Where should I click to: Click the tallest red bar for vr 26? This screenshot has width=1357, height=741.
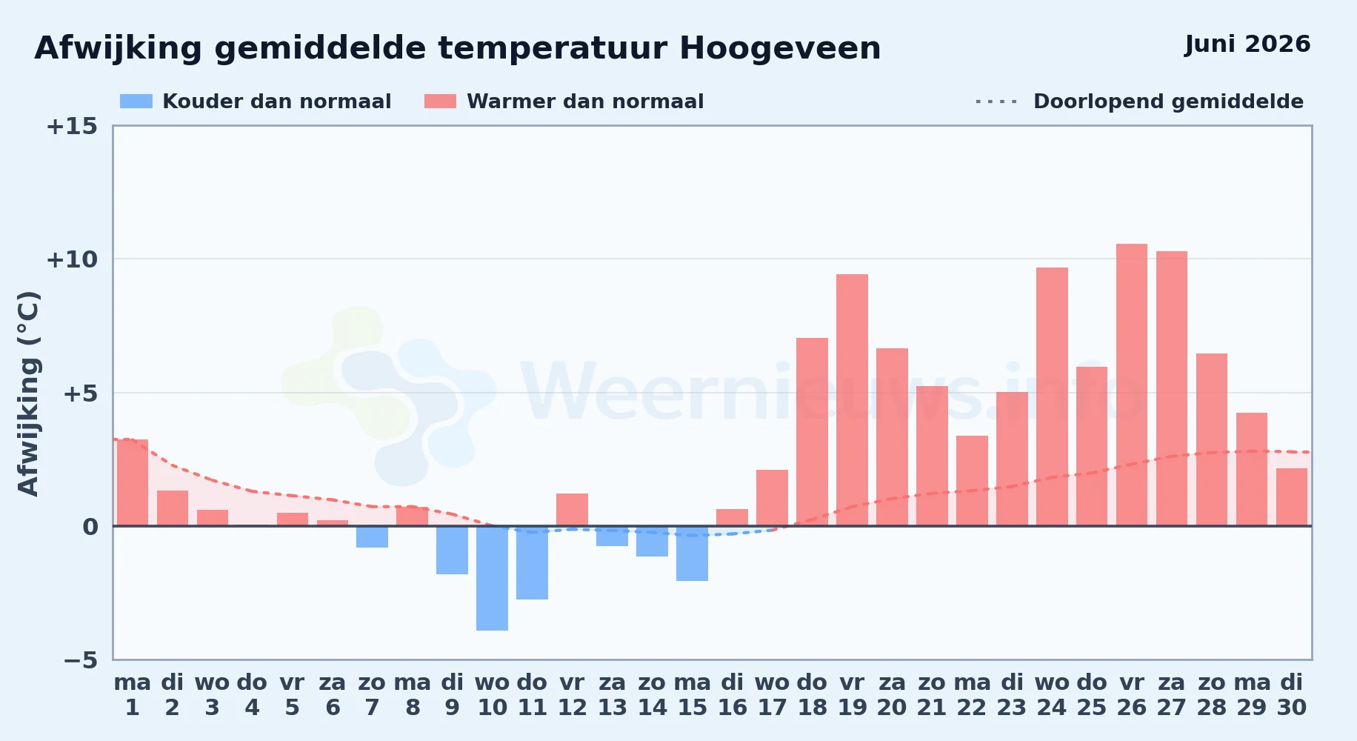(x=1132, y=385)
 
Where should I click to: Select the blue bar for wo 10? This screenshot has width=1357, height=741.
(x=493, y=578)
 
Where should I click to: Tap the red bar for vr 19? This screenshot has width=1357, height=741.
(x=852, y=400)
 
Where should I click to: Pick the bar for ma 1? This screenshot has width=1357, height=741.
(x=133, y=482)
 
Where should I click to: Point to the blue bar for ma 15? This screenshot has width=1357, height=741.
(x=693, y=554)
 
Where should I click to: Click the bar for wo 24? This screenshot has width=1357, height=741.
(x=1052, y=396)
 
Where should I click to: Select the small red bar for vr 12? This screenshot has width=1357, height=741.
(x=573, y=510)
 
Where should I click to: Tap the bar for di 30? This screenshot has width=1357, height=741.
(x=1292, y=497)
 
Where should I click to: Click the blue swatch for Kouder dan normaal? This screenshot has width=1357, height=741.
(x=136, y=102)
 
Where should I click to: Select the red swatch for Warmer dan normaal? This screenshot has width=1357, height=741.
(x=440, y=102)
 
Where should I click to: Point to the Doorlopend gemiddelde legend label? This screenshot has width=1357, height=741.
(x=1168, y=102)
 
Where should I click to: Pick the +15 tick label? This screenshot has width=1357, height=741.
(x=72, y=126)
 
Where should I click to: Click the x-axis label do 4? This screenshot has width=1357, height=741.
(x=252, y=695)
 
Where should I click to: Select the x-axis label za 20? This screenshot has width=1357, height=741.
(x=892, y=695)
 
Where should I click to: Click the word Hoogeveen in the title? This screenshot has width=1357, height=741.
(x=780, y=49)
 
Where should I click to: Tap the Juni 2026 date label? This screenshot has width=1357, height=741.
(x=1247, y=44)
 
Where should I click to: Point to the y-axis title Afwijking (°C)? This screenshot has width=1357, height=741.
(x=28, y=393)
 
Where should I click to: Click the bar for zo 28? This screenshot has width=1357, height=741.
(x=1212, y=439)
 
